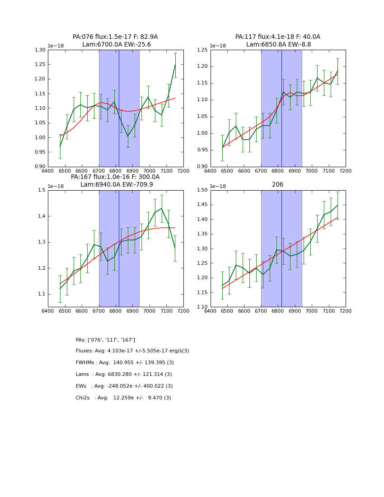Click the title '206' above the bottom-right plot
click(277, 185)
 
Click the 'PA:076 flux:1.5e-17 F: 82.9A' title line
click(115, 37)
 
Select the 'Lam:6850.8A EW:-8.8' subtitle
click(278, 45)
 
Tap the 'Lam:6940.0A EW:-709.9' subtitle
click(117, 185)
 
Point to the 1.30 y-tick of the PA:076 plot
click(40, 50)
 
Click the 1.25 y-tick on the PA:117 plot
click(203, 50)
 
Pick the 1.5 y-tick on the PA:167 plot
click(42, 190)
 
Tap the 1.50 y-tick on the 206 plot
click(203, 190)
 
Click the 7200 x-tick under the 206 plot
click(346, 312)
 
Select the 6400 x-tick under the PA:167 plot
click(48, 312)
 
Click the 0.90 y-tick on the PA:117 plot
click(203, 167)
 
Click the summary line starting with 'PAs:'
click(105, 340)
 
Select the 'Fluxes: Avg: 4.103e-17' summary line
click(132, 351)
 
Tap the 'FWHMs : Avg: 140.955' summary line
click(125, 363)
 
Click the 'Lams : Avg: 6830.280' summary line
click(124, 375)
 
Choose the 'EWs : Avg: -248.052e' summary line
click(124, 386)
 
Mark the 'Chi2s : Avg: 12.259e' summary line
click(123, 398)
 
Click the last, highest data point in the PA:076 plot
click(175, 65)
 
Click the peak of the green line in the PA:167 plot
click(162, 208)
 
